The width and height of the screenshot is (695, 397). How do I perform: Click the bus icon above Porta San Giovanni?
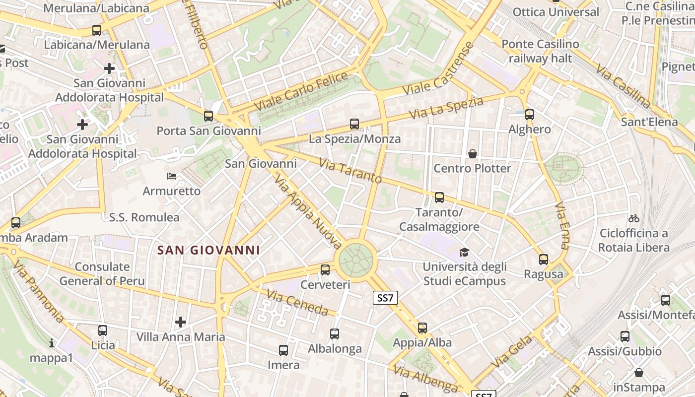tap(208, 116)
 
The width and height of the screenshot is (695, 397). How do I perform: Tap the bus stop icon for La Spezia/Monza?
tap(354, 124)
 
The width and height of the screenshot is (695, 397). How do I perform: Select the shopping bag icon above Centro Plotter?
tap(473, 154)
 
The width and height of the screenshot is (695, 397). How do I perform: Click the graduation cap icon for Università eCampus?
tap(464, 253)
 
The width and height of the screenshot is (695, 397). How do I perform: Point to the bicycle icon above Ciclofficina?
tap(634, 218)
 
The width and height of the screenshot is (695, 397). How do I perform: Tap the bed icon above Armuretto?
tap(172, 176)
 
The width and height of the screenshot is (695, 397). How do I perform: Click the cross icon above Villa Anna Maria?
tap(181, 323)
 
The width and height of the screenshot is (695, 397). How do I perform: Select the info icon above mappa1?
tap(52, 343)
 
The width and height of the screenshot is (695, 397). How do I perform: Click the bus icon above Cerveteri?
tap(325, 270)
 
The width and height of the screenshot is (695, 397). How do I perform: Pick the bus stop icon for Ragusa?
tap(544, 260)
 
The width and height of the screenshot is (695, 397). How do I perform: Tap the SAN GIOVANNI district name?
tap(208, 250)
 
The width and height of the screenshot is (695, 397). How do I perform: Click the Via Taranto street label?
tap(350, 171)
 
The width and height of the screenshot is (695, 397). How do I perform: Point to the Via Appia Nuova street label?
tap(308, 211)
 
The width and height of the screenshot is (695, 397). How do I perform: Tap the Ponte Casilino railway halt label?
tap(540, 51)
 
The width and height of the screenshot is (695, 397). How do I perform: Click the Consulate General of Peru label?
tap(102, 274)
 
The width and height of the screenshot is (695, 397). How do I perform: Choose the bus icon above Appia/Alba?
tap(422, 328)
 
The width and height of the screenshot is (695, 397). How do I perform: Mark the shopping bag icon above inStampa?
tap(639, 373)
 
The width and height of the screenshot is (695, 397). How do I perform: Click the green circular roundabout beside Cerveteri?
tap(355, 260)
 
